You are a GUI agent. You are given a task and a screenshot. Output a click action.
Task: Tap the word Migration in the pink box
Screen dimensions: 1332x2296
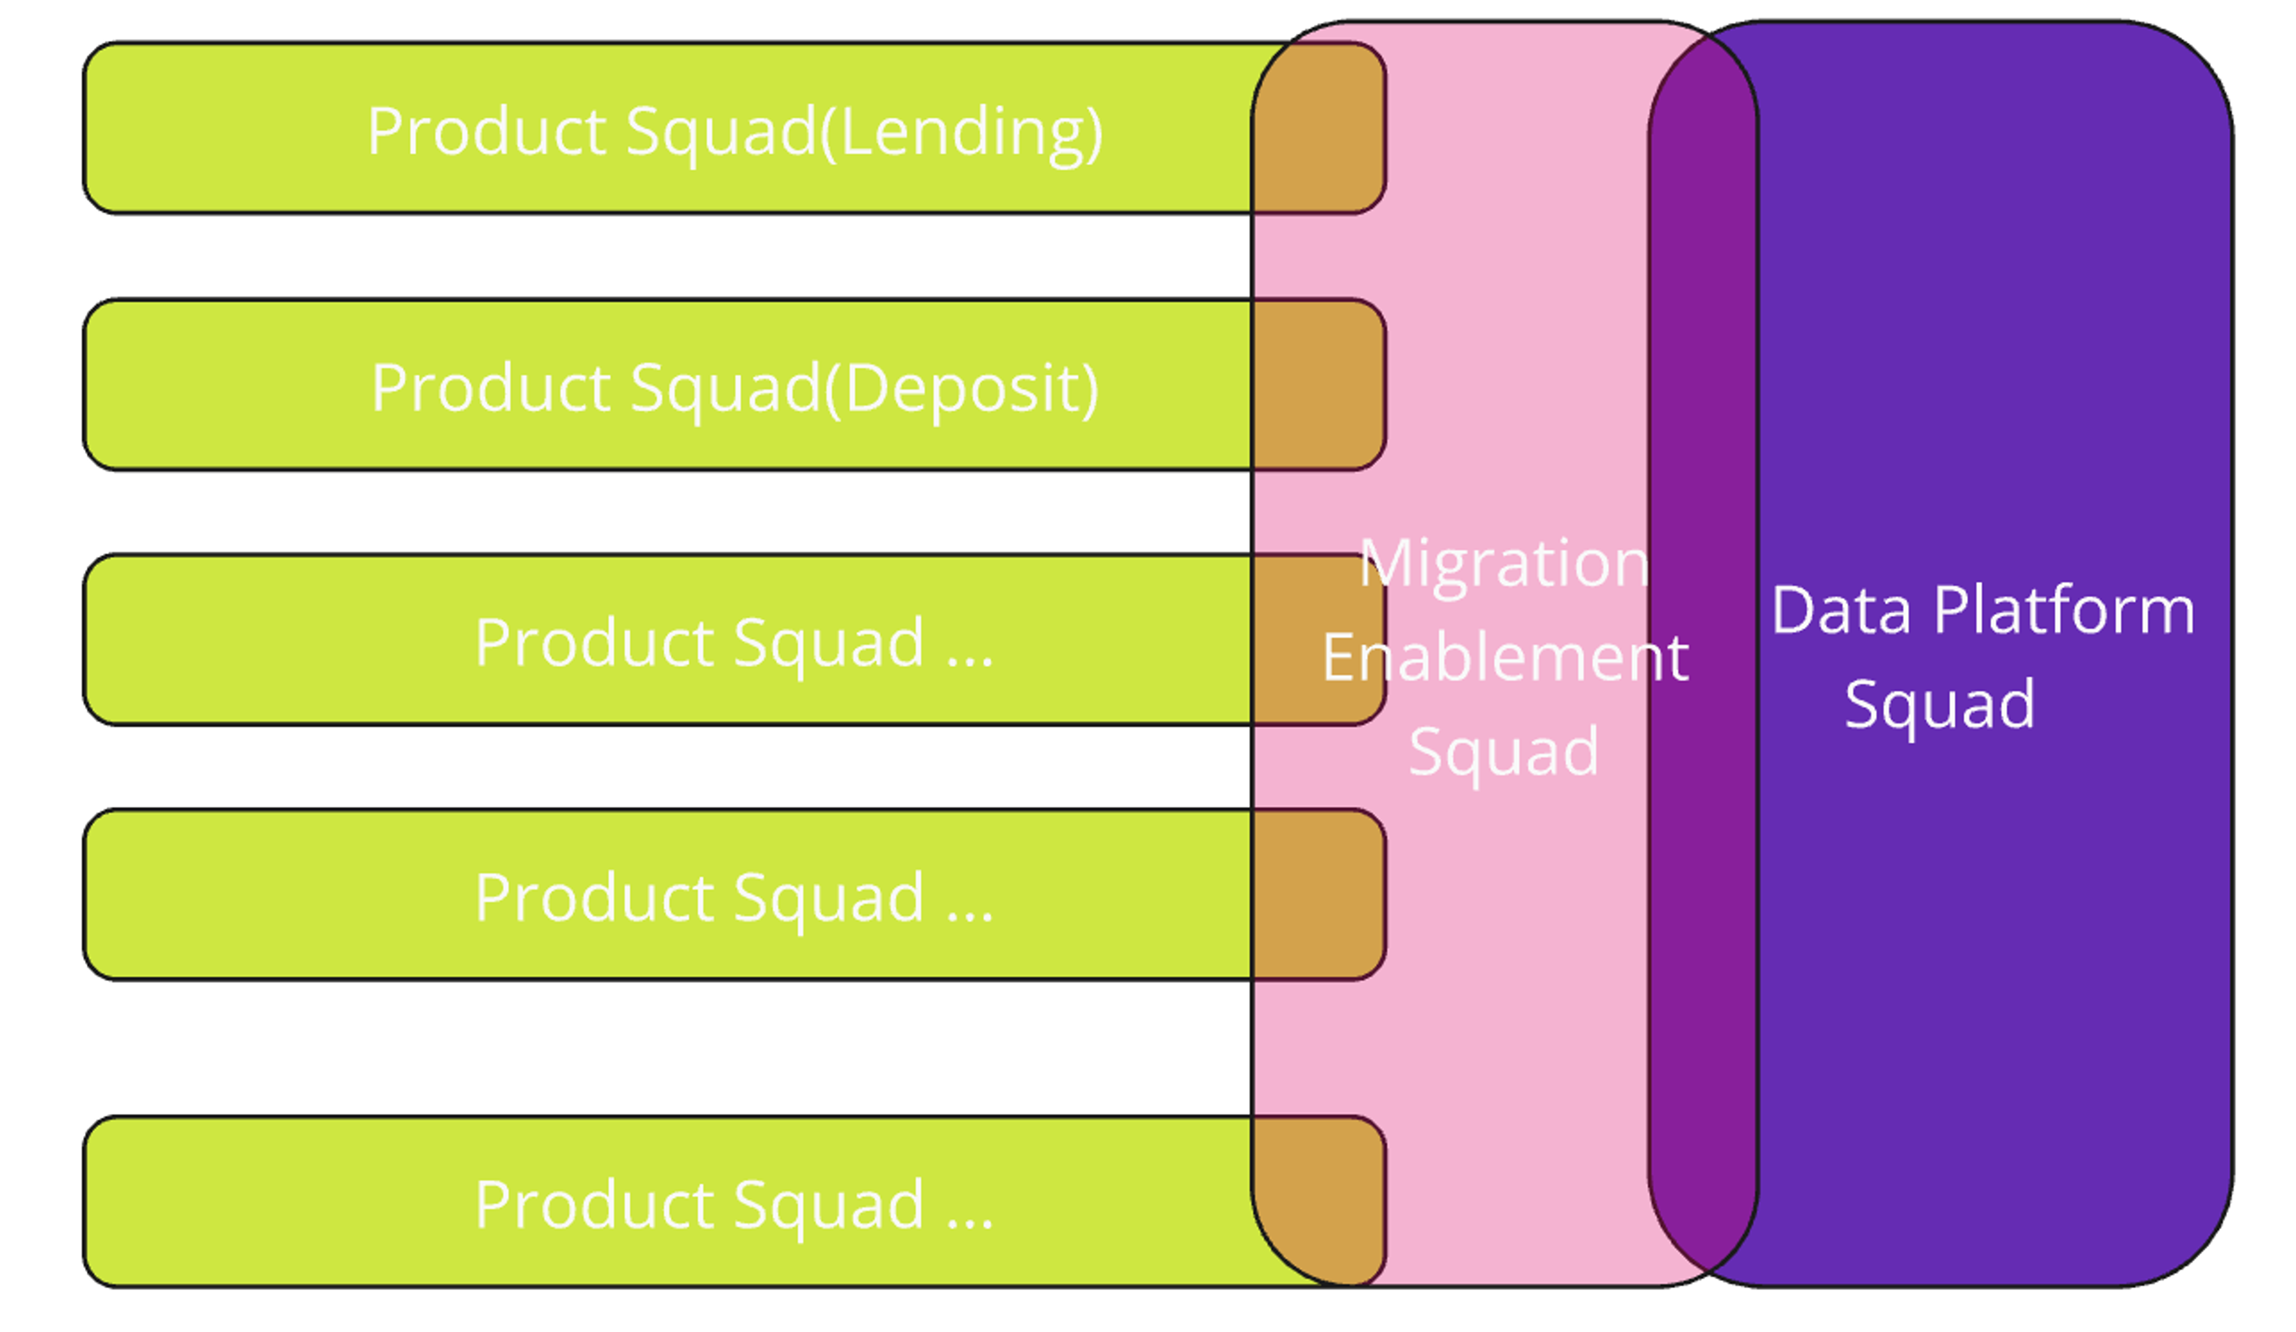click(1504, 563)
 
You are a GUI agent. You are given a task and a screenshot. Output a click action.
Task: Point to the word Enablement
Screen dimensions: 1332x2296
click(1505, 658)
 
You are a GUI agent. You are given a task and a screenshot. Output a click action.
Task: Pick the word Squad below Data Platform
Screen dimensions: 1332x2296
click(1940, 703)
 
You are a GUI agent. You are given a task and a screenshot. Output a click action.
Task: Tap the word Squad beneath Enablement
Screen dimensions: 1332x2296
click(1504, 751)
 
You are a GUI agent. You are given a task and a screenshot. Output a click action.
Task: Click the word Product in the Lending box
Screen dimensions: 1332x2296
click(487, 132)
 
